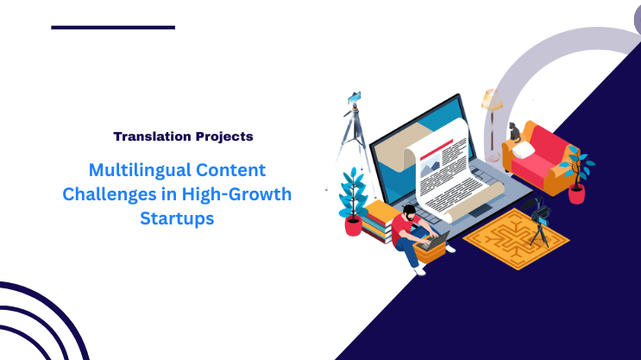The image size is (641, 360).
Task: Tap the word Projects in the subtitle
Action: point(222,136)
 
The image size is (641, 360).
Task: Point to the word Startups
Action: point(177,218)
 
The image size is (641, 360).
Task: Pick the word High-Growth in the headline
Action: point(241,194)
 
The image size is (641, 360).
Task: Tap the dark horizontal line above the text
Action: point(113,28)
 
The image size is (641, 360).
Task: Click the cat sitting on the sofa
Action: point(514,132)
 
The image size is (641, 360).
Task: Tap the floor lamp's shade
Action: point(493,99)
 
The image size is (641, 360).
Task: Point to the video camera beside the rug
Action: point(542,211)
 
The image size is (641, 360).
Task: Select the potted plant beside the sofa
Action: point(575,173)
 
